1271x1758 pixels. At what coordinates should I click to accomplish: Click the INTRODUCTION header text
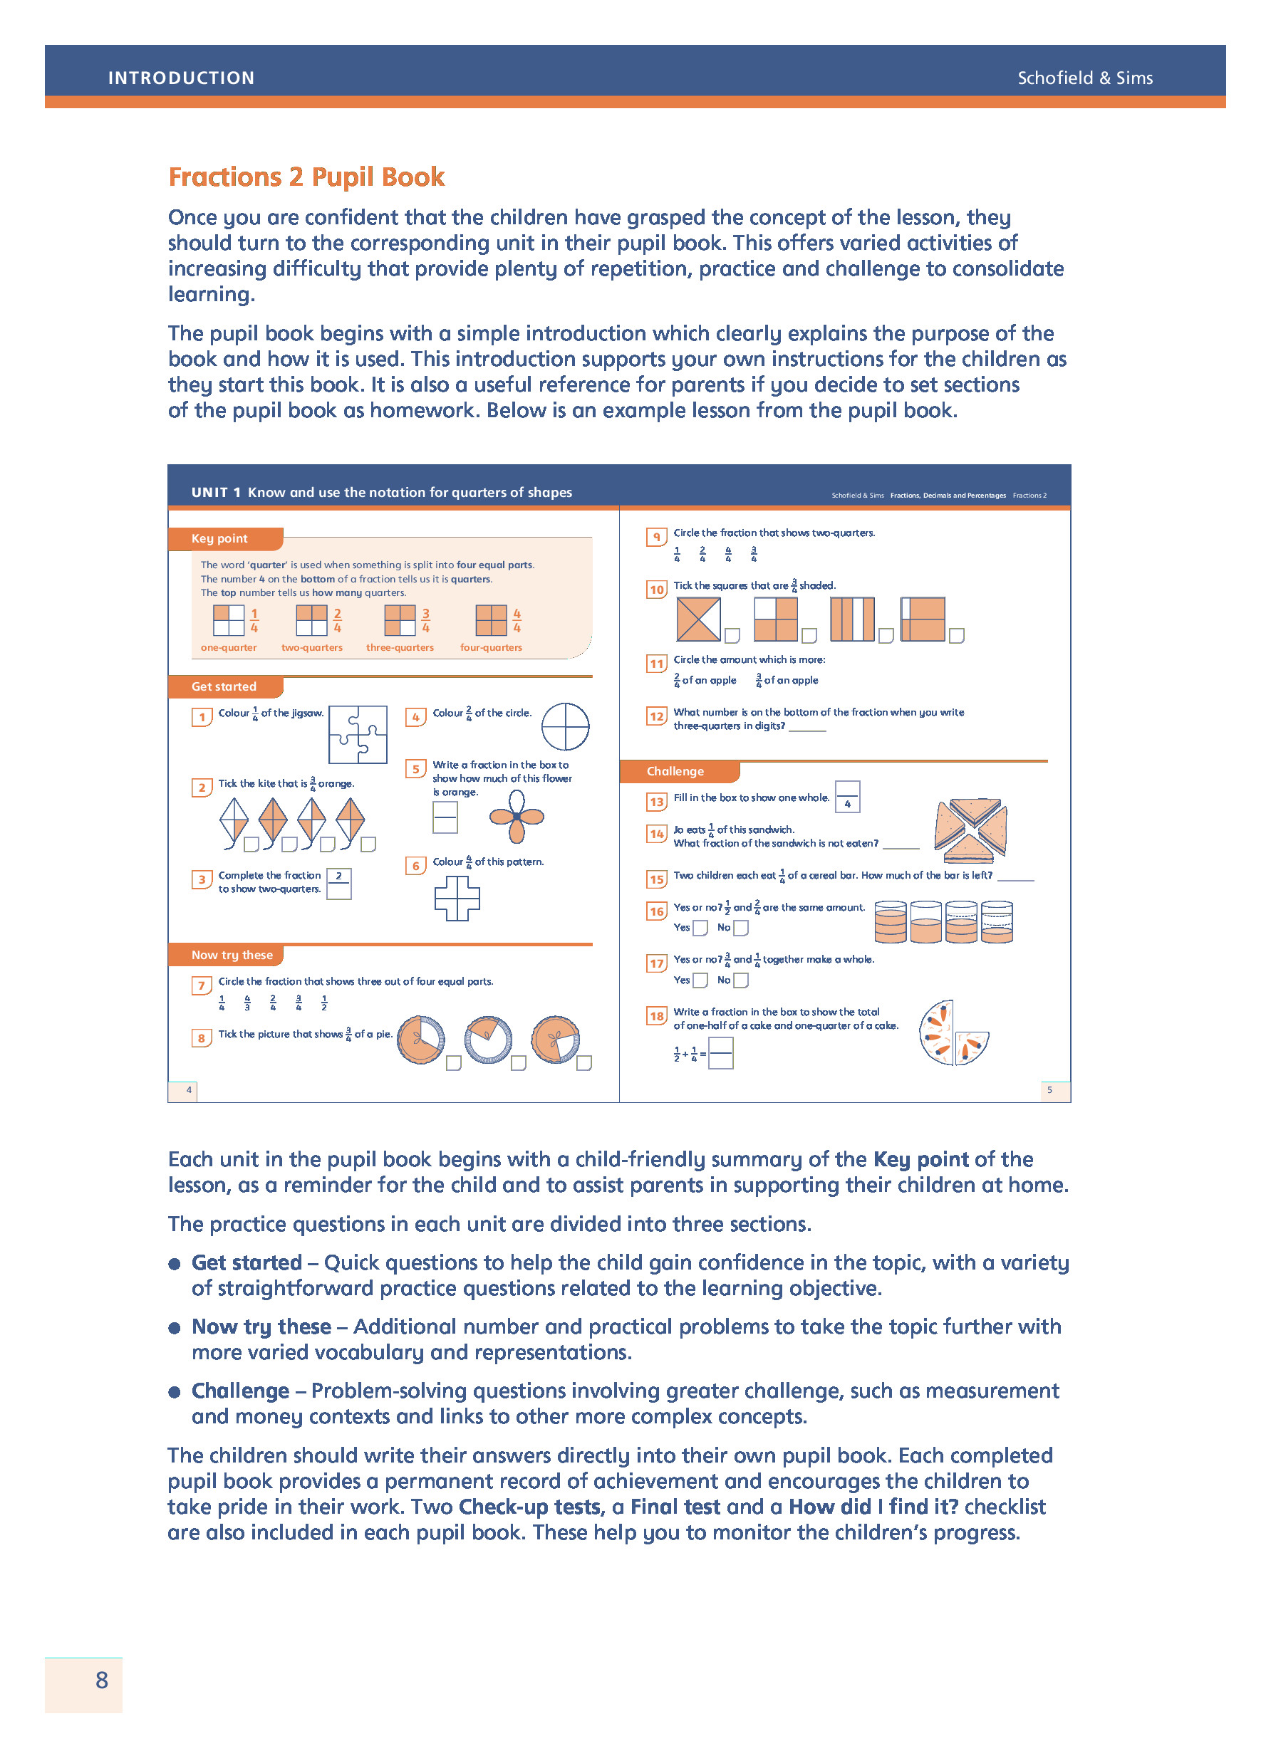click(181, 78)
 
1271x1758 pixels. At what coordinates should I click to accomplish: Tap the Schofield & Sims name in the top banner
click(1084, 78)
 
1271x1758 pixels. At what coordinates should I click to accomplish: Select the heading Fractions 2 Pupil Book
click(306, 177)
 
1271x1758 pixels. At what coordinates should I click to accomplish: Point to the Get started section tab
click(225, 686)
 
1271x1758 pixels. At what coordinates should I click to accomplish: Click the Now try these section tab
click(231, 954)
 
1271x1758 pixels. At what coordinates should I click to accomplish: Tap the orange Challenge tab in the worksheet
click(676, 770)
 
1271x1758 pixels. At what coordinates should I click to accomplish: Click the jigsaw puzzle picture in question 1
click(358, 734)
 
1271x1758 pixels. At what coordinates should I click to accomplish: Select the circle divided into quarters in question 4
click(564, 726)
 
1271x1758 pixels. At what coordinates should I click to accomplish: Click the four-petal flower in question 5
click(517, 816)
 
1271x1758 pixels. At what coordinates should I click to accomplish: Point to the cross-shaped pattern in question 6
click(457, 898)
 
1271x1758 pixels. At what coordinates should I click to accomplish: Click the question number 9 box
click(656, 536)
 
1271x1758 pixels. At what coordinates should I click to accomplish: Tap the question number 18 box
click(656, 1015)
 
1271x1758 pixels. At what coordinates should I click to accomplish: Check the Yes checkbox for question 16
click(700, 927)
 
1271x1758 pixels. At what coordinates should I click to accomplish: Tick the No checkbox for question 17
click(740, 980)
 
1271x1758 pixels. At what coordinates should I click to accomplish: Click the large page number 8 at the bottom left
click(102, 1680)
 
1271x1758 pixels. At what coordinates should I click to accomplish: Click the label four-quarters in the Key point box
click(491, 647)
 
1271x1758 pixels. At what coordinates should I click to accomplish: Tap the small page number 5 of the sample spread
click(1049, 1089)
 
